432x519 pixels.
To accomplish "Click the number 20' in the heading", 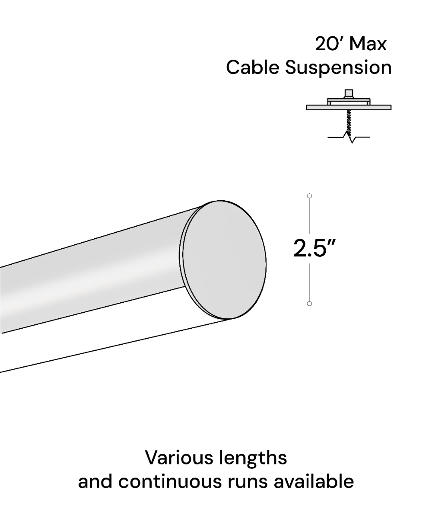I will tap(329, 44).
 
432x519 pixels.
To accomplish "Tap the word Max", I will tap(368, 44).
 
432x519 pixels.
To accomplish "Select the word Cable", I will tap(253, 68).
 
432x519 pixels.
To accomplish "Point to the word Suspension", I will tap(338, 68).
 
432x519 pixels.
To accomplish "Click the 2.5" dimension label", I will tap(314, 249).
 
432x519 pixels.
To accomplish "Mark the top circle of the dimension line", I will tap(309, 196).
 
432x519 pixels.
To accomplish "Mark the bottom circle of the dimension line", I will tap(309, 304).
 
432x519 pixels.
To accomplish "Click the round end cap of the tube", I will tap(225, 259).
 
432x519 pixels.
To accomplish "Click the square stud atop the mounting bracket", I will tap(349, 94).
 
